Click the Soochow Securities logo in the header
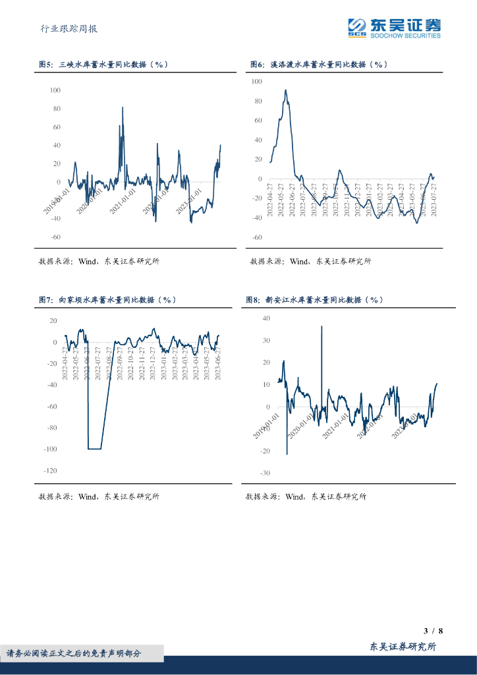point(395,27)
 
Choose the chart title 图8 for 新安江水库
point(314,299)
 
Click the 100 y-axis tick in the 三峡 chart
point(55,90)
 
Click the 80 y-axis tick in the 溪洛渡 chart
point(257,101)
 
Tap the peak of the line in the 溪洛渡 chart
point(285,90)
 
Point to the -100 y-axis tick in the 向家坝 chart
point(50,449)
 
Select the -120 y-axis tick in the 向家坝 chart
point(50,471)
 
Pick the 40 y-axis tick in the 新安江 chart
point(266,318)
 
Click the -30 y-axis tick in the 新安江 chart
point(265,473)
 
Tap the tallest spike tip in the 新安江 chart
point(322,326)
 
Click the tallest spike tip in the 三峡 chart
point(123,107)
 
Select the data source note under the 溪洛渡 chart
point(310,261)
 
